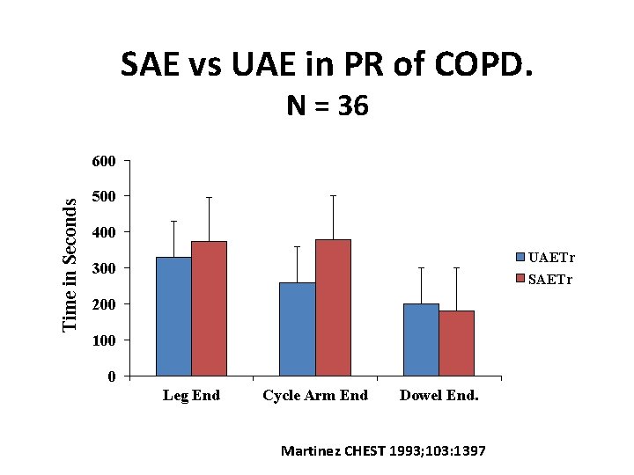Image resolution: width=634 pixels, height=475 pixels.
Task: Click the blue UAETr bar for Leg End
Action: [x=173, y=317]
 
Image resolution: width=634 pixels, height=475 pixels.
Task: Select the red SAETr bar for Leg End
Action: [x=209, y=309]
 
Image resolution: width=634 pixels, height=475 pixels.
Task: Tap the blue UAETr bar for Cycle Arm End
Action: [x=297, y=329]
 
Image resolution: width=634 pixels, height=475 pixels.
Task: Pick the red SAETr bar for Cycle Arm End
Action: [x=333, y=308]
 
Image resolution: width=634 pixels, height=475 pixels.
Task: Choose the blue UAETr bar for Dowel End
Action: [x=421, y=340]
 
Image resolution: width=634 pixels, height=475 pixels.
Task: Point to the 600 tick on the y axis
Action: [x=103, y=161]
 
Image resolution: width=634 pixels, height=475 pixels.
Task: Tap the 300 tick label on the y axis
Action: [x=103, y=268]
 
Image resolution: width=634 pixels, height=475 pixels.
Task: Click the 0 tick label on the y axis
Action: [x=110, y=377]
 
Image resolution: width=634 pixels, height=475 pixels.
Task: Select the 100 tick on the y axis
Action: [x=103, y=340]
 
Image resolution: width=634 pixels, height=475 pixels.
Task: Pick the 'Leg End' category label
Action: [x=191, y=396]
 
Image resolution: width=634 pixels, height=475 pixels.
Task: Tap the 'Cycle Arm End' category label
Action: [x=315, y=396]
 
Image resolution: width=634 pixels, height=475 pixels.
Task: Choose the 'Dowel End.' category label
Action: [x=439, y=396]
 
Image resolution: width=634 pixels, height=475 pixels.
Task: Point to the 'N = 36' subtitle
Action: [x=328, y=106]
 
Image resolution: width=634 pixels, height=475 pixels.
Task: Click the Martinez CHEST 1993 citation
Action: [x=382, y=451]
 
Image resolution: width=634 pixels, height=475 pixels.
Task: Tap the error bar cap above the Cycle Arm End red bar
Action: [x=333, y=195]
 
